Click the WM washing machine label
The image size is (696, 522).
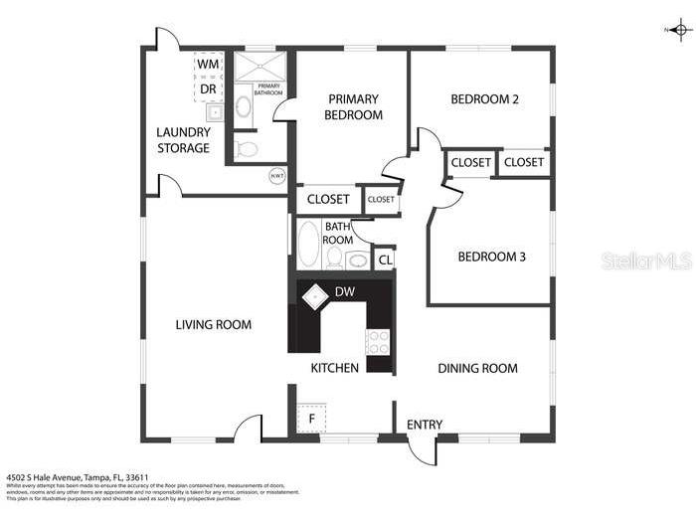208,64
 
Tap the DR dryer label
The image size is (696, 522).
208,88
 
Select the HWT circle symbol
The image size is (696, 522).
276,176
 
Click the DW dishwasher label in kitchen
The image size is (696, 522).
345,291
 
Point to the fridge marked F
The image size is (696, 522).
310,419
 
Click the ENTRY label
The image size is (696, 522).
425,425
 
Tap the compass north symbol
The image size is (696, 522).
679,31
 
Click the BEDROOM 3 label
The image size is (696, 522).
491,257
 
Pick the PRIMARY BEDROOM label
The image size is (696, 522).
354,106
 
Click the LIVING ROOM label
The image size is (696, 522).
213,324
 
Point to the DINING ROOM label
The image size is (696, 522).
477,368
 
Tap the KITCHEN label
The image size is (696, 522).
334,368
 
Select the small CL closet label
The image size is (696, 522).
385,261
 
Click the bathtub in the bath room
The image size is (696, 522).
308,244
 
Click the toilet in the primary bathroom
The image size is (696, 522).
247,149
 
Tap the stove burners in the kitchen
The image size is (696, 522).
379,341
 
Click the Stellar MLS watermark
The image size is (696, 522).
646,261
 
